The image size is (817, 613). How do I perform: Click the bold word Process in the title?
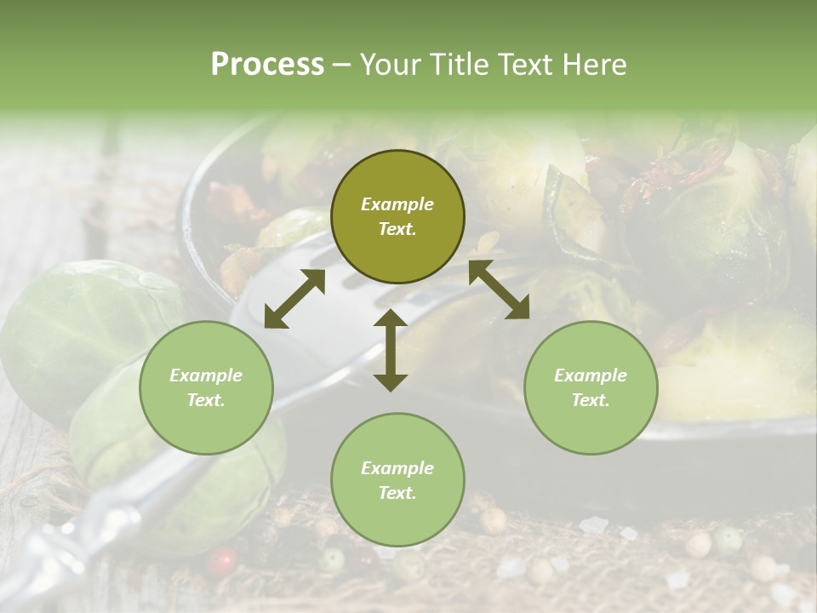(267, 65)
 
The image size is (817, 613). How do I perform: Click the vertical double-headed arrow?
(391, 350)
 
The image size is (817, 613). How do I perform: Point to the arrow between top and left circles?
(294, 299)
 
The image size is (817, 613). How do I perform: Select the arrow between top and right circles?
(499, 289)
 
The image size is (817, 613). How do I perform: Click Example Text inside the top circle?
(397, 216)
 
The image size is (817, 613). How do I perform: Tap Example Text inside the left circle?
(206, 387)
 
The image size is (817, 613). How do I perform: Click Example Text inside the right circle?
(591, 387)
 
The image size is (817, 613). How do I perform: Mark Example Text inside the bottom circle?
(397, 480)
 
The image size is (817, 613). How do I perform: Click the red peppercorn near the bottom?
(223, 561)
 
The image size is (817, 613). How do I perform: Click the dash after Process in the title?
(341, 65)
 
